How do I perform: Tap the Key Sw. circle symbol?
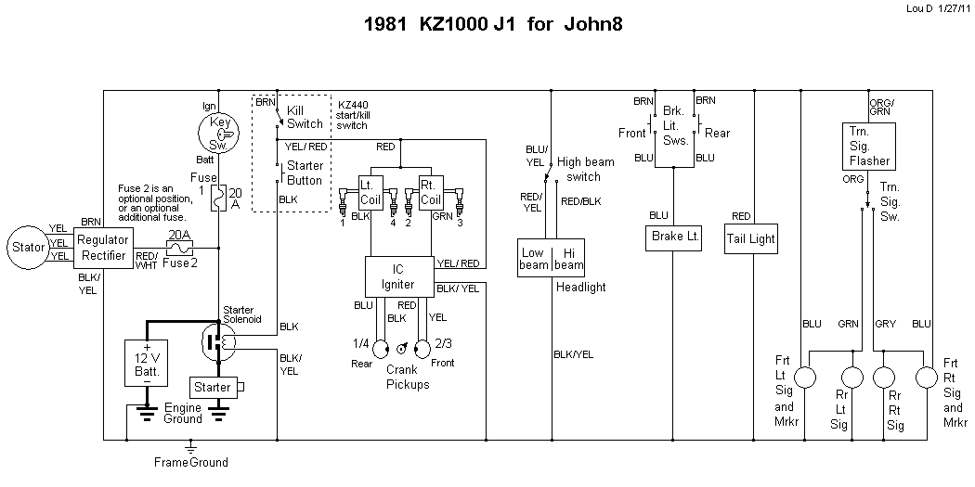point(219,133)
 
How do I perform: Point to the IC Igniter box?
point(397,276)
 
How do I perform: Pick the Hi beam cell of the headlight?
point(569,258)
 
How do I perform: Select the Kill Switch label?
point(305,117)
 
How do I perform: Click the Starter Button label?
point(305,173)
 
